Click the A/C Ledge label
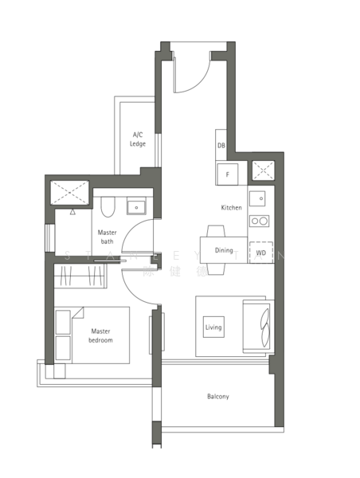click(x=138, y=139)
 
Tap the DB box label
click(x=221, y=146)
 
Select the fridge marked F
click(x=227, y=174)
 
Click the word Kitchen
click(x=231, y=207)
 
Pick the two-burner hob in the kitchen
click(x=259, y=221)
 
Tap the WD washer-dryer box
click(x=260, y=253)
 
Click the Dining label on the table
click(x=224, y=250)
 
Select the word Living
click(x=213, y=327)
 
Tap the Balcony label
click(x=217, y=396)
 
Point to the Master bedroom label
click(x=100, y=335)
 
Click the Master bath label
click(x=107, y=237)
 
